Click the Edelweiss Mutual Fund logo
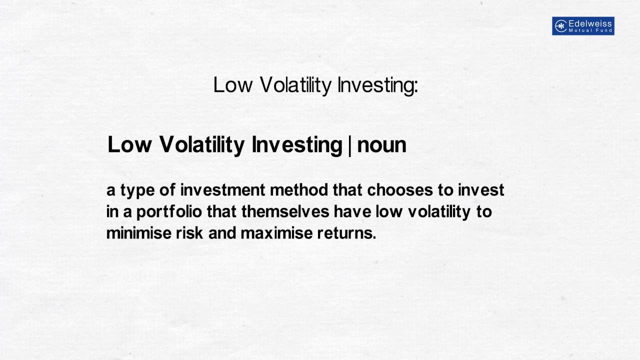[583, 26]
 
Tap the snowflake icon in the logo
[560, 26]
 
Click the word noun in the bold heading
[381, 145]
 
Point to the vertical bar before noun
[349, 145]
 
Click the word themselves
[285, 211]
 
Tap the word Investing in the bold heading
[296, 145]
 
